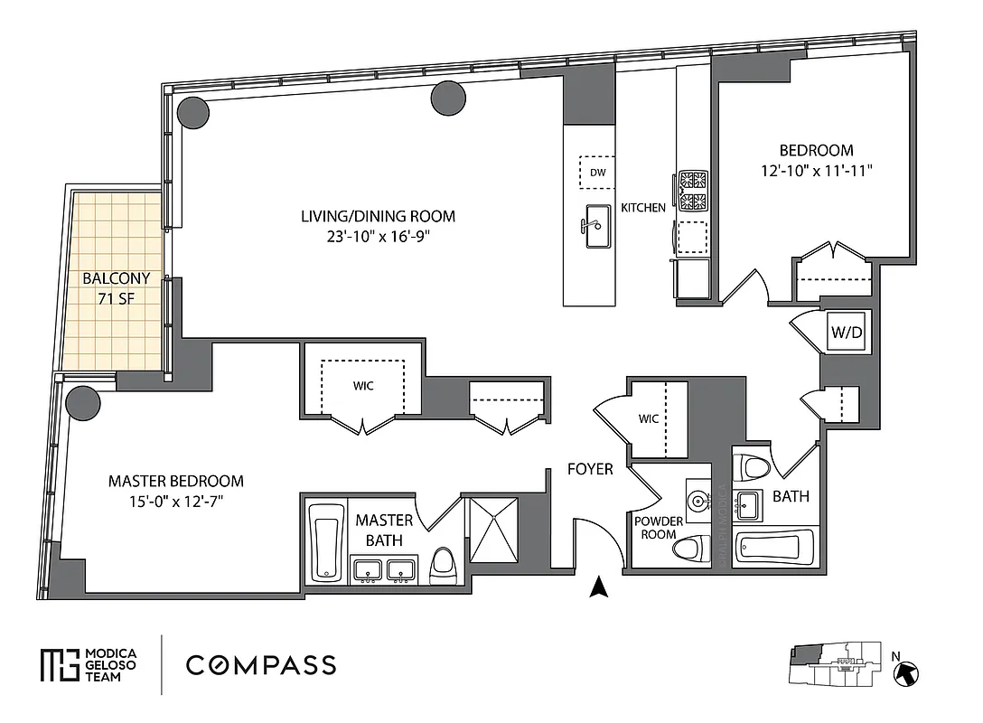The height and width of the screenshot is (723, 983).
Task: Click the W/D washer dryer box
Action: tap(847, 332)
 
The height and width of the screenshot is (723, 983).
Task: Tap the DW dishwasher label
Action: tap(596, 172)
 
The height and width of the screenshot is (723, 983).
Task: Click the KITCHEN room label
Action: tap(643, 208)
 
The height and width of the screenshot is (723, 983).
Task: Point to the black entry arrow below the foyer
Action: tap(596, 588)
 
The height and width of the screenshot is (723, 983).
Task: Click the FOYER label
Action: tap(590, 469)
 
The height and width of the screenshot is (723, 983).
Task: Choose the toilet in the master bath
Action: tap(444, 562)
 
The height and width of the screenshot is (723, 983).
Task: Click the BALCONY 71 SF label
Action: tap(117, 288)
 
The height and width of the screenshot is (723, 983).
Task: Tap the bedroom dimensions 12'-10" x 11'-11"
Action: tap(816, 169)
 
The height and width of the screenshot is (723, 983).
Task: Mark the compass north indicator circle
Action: tap(906, 672)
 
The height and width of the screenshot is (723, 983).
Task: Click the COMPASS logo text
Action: tap(261, 666)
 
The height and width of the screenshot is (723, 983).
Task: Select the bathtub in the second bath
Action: tap(775, 548)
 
